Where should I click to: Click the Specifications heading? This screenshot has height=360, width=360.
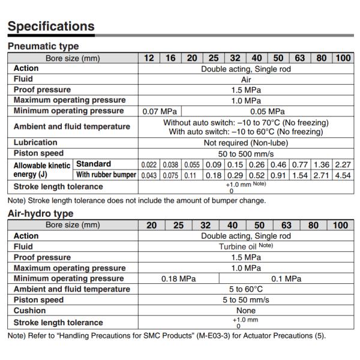[51, 26]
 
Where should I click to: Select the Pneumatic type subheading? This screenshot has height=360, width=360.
[43, 46]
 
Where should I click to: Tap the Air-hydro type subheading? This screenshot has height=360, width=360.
[40, 214]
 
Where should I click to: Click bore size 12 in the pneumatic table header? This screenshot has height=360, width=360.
[149, 58]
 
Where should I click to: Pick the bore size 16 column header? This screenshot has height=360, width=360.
[170, 58]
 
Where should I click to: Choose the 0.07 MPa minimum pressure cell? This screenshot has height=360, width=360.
[160, 111]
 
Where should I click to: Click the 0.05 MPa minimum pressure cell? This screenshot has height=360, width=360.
[267, 111]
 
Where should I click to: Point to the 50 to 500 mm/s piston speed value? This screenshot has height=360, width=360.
[246, 153]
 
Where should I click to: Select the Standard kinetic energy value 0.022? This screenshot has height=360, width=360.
[149, 164]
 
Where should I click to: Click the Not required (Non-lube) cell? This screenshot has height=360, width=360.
[246, 143]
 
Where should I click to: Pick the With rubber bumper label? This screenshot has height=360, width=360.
[106, 175]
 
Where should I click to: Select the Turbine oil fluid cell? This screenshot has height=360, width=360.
[246, 247]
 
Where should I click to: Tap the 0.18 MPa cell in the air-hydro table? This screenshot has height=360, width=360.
[179, 279]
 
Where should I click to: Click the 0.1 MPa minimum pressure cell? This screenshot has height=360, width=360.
[286, 279]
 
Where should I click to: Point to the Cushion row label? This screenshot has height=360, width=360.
[29, 311]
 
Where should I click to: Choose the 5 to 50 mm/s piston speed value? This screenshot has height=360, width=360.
[246, 300]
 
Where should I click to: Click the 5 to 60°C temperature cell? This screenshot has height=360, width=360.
[246, 289]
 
